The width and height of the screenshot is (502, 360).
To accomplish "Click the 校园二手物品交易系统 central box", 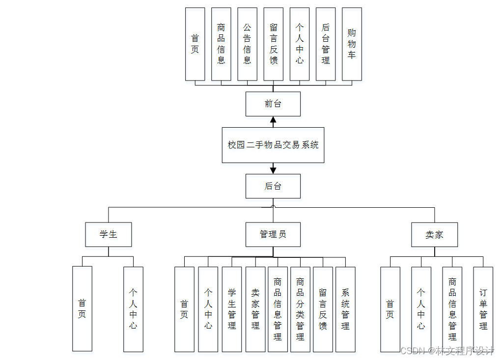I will click(x=273, y=145).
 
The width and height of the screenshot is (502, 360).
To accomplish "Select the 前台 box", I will click(x=273, y=104).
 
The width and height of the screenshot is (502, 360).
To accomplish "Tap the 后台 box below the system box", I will click(x=273, y=186).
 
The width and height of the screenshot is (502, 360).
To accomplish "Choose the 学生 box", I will click(x=108, y=234).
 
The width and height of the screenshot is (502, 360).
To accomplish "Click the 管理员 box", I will click(x=273, y=234).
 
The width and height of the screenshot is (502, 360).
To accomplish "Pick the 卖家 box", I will click(x=434, y=234).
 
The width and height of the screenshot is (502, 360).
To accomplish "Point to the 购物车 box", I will click(x=352, y=44).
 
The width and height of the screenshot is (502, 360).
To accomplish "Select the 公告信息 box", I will click(x=247, y=44).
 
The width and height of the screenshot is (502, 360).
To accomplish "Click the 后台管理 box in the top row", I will click(x=326, y=44).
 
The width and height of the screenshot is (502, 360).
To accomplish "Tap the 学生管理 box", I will click(x=232, y=309).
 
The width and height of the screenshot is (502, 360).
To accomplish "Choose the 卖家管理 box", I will click(x=255, y=309).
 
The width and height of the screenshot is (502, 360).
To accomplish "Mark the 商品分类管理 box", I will click(x=300, y=309).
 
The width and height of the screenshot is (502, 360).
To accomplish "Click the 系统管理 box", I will click(x=345, y=309).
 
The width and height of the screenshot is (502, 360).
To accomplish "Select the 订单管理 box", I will click(x=483, y=309).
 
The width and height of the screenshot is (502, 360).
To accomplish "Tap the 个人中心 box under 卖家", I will click(x=421, y=309).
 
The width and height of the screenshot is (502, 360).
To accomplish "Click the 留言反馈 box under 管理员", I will click(x=323, y=309).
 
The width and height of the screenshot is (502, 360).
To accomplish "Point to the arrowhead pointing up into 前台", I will click(x=273, y=120).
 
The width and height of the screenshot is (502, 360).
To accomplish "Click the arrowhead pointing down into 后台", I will click(x=273, y=170).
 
